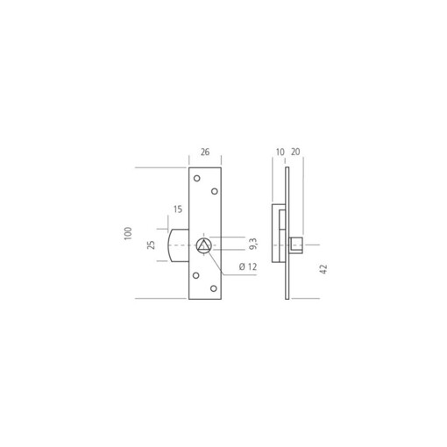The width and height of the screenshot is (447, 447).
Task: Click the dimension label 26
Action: (205, 152)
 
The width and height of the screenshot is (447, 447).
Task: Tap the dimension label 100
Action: (128, 233)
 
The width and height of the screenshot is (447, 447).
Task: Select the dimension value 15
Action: (178, 209)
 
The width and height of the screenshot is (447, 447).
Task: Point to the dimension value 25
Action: (151, 245)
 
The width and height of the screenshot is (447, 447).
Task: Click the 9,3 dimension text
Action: (253, 244)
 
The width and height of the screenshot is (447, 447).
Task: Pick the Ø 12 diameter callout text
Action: (248, 266)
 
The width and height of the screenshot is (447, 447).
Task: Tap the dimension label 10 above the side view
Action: (280, 152)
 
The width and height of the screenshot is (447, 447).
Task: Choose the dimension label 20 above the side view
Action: (295, 152)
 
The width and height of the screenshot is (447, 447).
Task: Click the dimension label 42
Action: (323, 269)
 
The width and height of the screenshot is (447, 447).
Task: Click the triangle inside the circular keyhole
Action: (203, 246)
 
